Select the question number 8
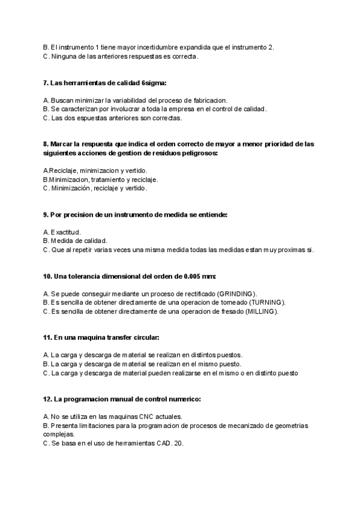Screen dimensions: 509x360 pyautogui.click(x=46, y=144)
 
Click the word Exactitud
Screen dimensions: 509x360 pyautogui.click(x=66, y=232)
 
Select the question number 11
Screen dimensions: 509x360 pyautogui.click(x=48, y=338)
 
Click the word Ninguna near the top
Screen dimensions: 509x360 pyautogui.click(x=64, y=56)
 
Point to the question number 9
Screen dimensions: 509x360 pyautogui.click(x=46, y=214)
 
